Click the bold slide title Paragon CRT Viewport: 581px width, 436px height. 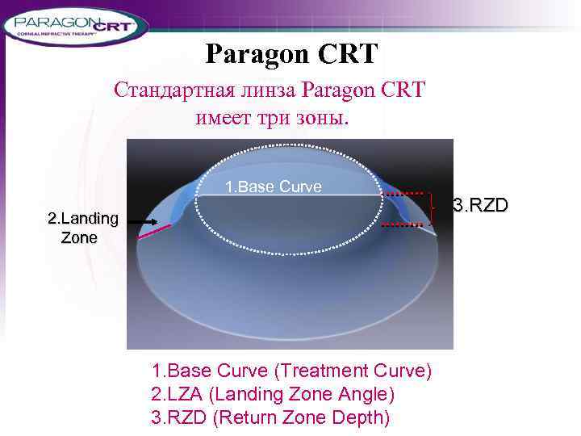(290, 54)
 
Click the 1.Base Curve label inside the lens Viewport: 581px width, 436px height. (273, 187)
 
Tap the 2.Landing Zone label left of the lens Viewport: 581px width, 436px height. (83, 228)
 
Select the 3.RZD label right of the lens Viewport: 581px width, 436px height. (481, 205)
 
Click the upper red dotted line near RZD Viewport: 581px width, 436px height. (405, 194)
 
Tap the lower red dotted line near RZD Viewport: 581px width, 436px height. (403, 226)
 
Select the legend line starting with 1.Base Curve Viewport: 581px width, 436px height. (291, 371)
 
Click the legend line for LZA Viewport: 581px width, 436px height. (273, 394)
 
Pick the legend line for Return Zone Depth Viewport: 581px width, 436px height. (270, 417)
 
